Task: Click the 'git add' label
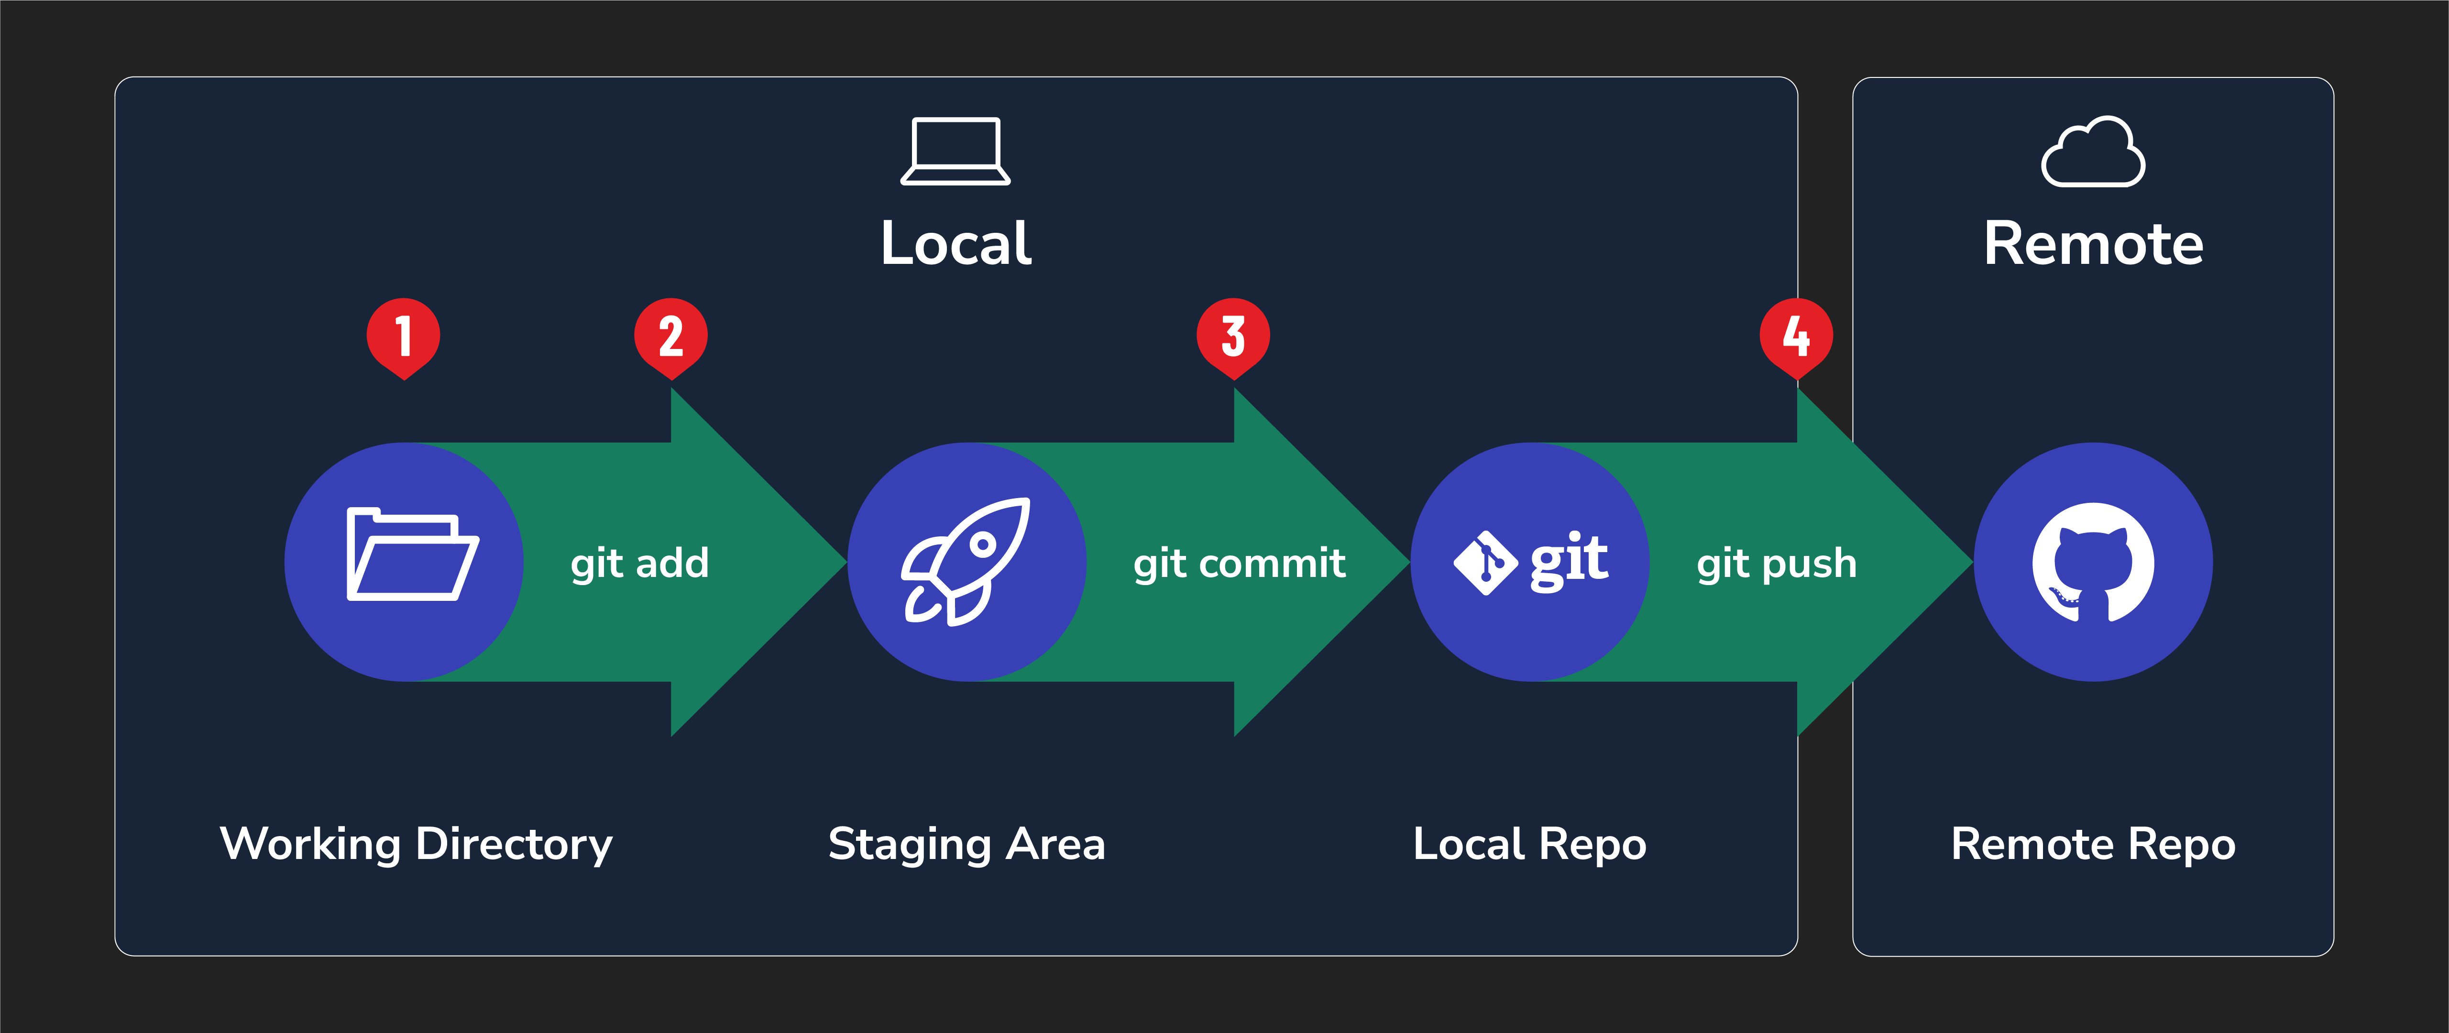click(640, 564)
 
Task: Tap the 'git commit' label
click(1239, 564)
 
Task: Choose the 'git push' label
click(1776, 564)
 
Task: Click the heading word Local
click(955, 243)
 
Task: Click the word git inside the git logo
click(1569, 561)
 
